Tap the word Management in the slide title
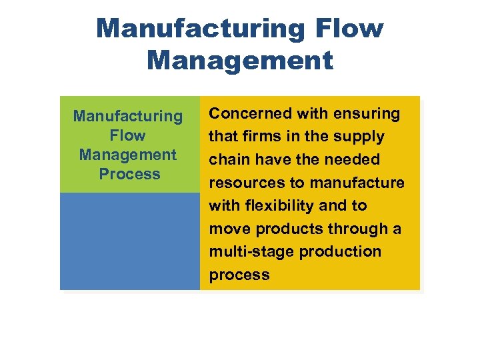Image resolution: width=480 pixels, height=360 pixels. click(240, 61)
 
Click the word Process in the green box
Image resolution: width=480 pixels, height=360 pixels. click(129, 174)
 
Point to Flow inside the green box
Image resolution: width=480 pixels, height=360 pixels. click(127, 135)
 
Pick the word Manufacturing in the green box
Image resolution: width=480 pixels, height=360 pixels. click(128, 116)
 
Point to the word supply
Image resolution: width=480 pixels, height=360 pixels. click(360, 137)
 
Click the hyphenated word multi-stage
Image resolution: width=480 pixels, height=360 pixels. click(252, 252)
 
